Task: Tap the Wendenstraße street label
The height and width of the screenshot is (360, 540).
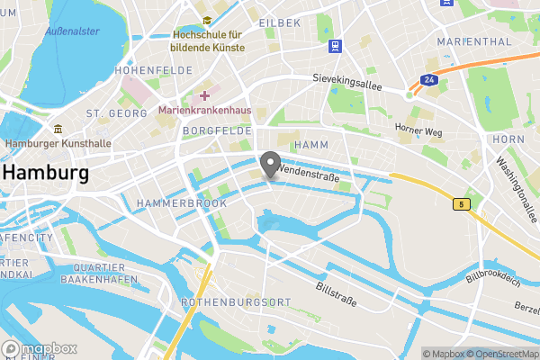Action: [309, 177]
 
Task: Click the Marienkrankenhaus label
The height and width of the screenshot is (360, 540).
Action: [204, 111]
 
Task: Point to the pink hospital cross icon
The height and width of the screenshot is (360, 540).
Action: [205, 95]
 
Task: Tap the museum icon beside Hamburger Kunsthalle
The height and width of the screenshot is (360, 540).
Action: [58, 129]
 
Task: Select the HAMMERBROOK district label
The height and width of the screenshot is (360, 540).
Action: [181, 203]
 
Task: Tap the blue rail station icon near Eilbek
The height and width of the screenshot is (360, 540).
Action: [335, 46]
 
